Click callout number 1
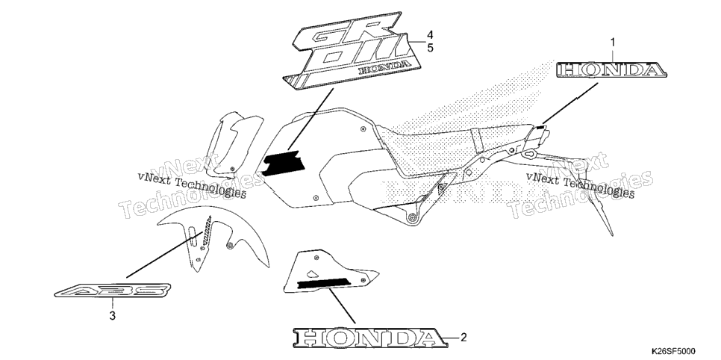613,43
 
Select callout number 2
463,338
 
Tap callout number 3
112,316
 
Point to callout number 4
430,34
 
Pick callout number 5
430,47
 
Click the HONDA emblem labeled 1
611,70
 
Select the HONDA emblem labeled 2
370,338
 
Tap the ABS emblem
113,291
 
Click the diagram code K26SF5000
672,351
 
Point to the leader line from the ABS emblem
163,255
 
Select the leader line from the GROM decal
310,120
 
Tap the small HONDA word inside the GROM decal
384,68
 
